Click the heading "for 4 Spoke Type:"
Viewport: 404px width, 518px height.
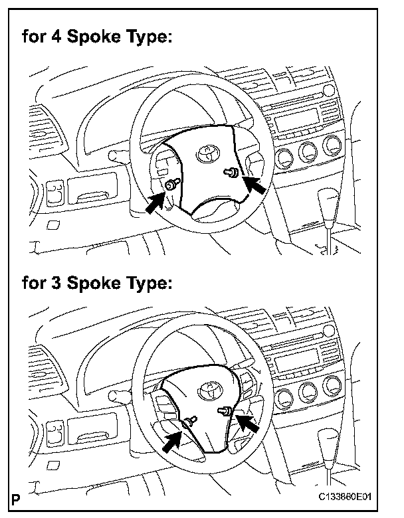[x=97, y=37]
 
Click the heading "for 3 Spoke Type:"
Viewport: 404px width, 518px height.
[x=97, y=284]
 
